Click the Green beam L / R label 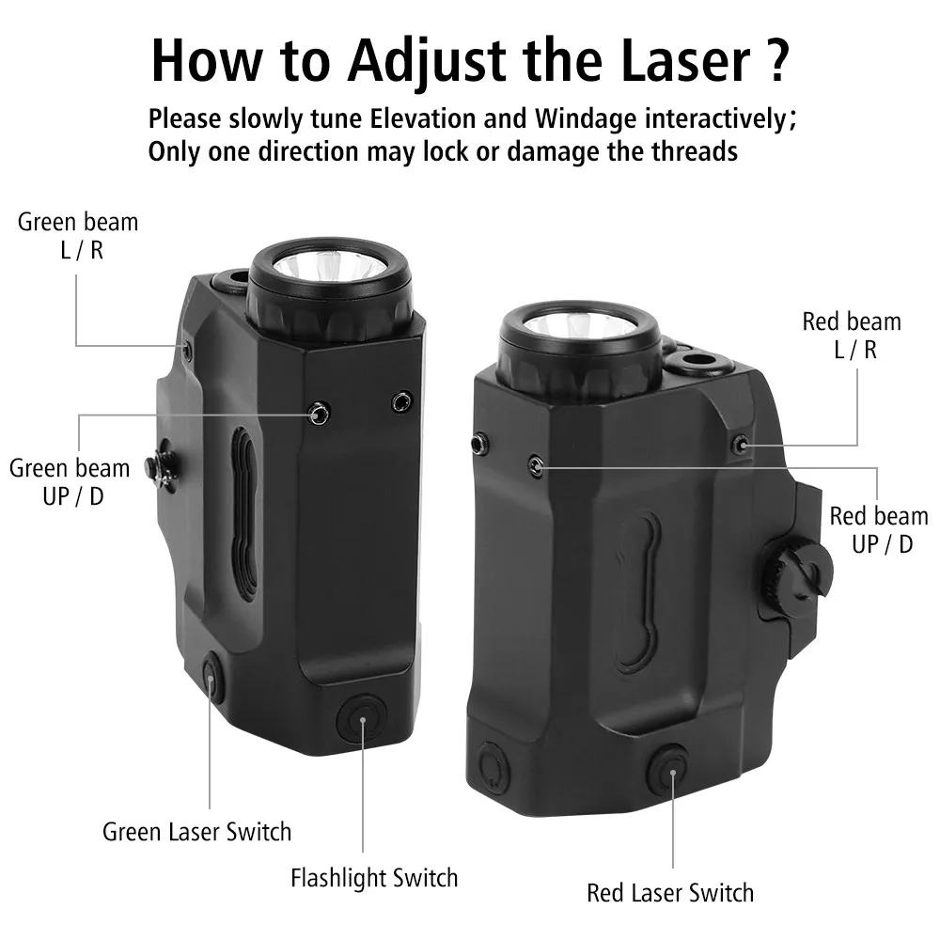78,236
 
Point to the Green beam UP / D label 70,482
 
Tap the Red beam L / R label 852,336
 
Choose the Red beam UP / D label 879,530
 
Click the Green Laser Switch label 196,832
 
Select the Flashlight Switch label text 374,878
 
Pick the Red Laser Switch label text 670,893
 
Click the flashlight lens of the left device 329,264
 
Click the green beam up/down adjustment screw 319,414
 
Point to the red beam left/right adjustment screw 742,445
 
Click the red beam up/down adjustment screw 537,465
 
